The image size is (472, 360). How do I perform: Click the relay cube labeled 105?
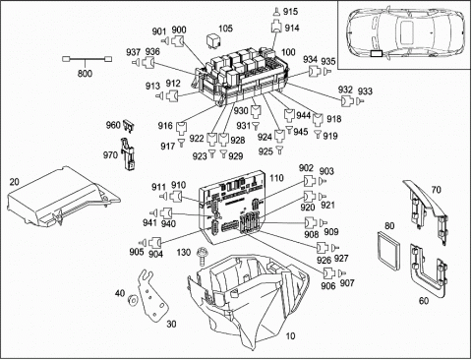click(x=211, y=40)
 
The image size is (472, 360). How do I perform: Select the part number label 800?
click(x=85, y=73)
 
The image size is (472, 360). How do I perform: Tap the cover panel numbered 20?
click(x=62, y=197)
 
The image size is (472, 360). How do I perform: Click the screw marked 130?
click(x=201, y=256)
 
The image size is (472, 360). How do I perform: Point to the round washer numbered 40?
click(x=133, y=300)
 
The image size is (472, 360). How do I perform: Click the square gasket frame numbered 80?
click(x=388, y=247)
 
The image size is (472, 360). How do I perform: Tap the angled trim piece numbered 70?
click(x=429, y=210)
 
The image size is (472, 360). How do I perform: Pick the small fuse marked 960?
click(x=130, y=126)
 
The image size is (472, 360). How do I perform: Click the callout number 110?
click(x=276, y=178)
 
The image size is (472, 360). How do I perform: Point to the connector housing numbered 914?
click(x=276, y=27)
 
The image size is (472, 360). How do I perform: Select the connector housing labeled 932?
click(x=346, y=101)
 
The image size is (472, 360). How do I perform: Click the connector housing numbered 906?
click(x=329, y=272)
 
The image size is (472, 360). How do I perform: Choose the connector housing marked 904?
click(x=154, y=243)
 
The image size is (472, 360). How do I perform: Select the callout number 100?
click(x=288, y=52)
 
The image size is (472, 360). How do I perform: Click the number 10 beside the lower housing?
click(x=290, y=335)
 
